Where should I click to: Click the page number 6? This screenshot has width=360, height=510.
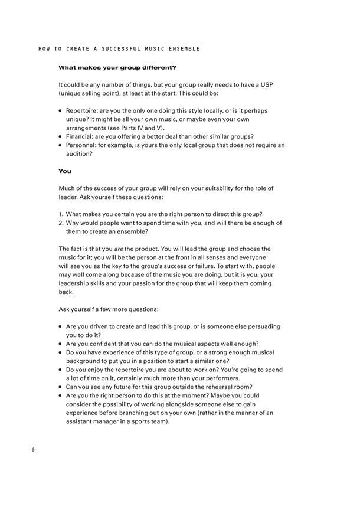point(33,450)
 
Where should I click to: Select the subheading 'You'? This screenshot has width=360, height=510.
point(64,171)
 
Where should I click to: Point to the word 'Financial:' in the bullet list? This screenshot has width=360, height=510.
point(80,136)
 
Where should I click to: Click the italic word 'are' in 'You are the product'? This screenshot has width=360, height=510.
point(117,249)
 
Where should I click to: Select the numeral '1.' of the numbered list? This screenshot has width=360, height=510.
point(61,214)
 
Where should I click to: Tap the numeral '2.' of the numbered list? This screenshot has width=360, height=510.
point(61,223)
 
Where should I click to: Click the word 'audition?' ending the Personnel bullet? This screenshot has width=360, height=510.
point(80,153)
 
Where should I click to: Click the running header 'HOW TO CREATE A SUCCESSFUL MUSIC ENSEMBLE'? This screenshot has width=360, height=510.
point(119,49)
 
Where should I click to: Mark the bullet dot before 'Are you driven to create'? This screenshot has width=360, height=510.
point(61,327)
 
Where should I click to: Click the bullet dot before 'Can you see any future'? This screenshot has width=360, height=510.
point(61,387)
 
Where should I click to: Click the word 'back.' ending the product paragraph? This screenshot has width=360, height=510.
point(66,292)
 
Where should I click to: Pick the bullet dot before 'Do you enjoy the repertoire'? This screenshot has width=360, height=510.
point(61,370)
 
